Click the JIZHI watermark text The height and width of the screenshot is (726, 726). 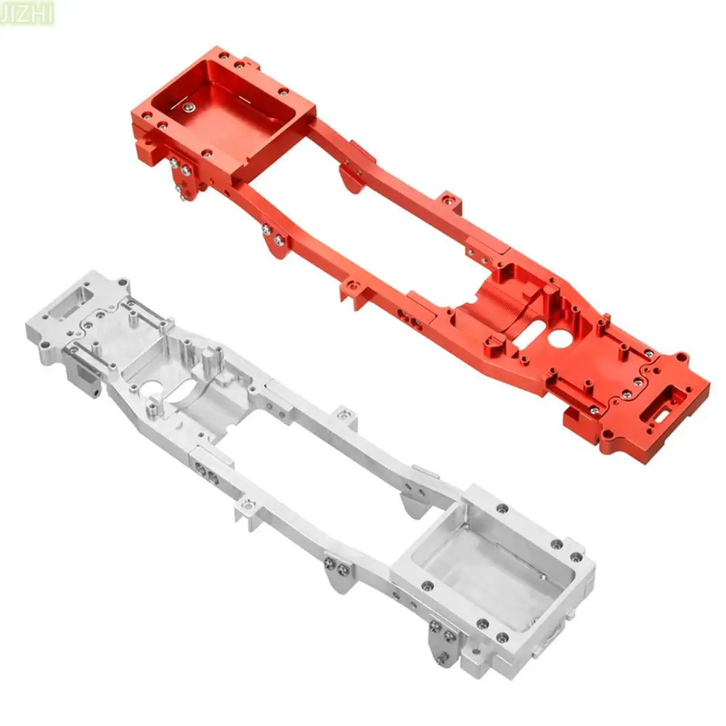(28, 12)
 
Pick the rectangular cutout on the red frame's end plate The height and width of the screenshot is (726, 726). (666, 399)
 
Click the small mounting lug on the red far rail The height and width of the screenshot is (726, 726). (449, 199)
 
